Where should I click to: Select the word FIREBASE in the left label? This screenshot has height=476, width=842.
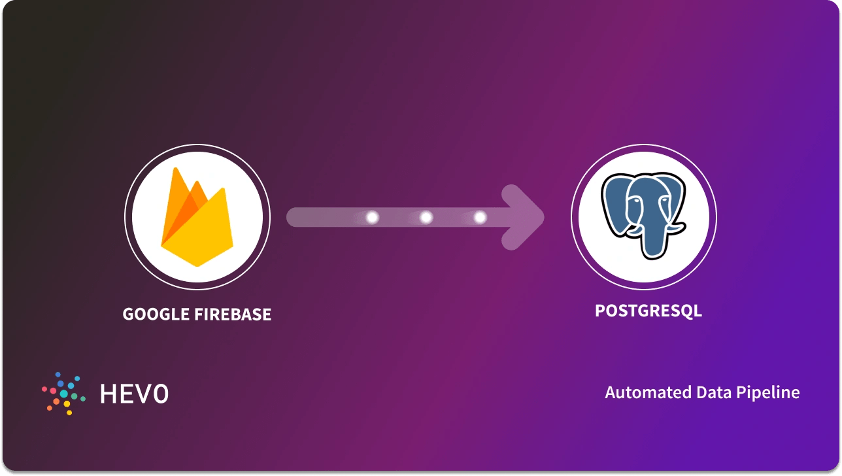(232, 314)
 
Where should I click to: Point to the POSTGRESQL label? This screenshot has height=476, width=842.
(648, 311)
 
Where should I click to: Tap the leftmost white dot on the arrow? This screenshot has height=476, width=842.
(373, 218)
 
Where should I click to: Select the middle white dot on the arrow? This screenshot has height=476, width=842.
(426, 218)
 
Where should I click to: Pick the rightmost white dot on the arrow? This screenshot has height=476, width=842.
(480, 218)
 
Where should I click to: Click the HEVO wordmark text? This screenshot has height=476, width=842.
(134, 394)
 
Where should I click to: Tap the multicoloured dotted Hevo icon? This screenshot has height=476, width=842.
(64, 393)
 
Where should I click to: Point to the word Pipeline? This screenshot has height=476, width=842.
(768, 393)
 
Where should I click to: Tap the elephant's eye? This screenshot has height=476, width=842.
(631, 203)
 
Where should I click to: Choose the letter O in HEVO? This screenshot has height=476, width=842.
(160, 394)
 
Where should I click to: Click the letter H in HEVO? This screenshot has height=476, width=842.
(108, 394)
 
